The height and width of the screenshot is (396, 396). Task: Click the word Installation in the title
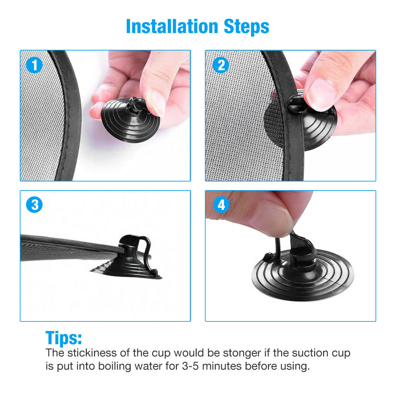(x=172, y=26)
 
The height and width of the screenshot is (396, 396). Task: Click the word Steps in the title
(x=247, y=27)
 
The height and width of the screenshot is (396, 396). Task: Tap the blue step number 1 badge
(x=34, y=65)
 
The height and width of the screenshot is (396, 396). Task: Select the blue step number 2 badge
(x=221, y=65)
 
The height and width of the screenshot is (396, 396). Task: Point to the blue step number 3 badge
(x=34, y=205)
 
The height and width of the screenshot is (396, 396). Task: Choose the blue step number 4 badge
(x=221, y=205)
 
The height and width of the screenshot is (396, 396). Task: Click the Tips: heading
(x=64, y=338)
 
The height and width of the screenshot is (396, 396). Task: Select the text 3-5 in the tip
(x=190, y=366)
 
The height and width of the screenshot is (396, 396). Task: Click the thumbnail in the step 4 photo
(x=275, y=218)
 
